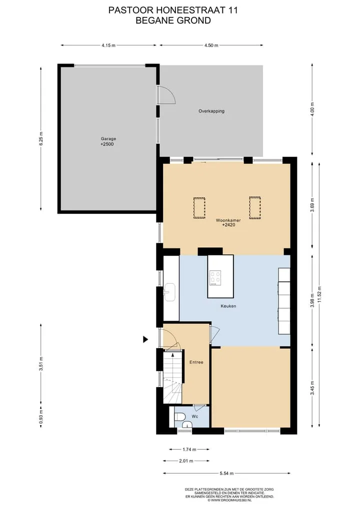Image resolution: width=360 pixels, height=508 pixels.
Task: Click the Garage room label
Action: click(x=108, y=139)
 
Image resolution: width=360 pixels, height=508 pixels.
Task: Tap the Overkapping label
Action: click(x=211, y=111)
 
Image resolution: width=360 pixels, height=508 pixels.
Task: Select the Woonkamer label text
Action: click(x=228, y=220)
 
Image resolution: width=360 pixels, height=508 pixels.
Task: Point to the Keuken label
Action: click(x=228, y=306)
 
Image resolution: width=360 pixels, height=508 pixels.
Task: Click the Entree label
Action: click(x=196, y=362)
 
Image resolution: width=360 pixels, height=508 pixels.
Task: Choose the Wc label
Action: click(x=194, y=416)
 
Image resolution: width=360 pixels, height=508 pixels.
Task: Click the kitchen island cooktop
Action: click(x=215, y=278)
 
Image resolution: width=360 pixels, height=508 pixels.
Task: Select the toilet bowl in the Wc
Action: click(x=179, y=416)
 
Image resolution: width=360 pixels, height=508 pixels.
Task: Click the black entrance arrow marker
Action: click(x=145, y=339)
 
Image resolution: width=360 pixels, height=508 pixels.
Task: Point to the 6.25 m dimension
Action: click(x=41, y=139)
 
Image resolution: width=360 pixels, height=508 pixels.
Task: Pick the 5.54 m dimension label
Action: click(x=226, y=474)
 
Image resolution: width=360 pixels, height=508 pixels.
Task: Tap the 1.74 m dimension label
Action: click(x=189, y=450)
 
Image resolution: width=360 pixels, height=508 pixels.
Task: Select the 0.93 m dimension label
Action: click(x=41, y=417)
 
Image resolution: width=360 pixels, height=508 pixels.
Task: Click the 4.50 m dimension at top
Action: click(x=211, y=45)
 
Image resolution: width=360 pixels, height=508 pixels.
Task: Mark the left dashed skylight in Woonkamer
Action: click(x=199, y=208)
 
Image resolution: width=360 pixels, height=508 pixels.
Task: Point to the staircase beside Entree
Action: click(x=172, y=378)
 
